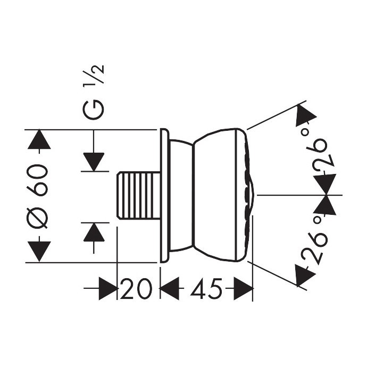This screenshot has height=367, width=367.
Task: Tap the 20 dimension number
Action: [x=135, y=290]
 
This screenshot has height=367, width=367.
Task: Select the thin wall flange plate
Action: [x=164, y=195]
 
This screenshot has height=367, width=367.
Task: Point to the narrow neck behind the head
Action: [x=181, y=195]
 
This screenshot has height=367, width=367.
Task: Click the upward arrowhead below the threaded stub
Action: [x=94, y=232]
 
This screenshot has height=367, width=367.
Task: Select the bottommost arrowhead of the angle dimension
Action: [x=302, y=276]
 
